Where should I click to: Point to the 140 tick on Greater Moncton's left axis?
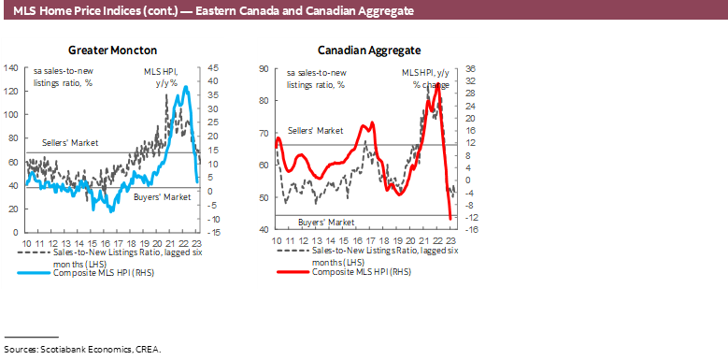pos(12,67)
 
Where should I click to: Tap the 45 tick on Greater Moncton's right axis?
pos(213,67)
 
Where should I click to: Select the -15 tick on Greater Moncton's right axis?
pos(214,232)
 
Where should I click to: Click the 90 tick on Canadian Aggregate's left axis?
pos(264,68)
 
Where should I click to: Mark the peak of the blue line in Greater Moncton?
pos(187,87)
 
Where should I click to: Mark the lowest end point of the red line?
pos(451,220)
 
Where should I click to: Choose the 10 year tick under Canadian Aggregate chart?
pos(277,241)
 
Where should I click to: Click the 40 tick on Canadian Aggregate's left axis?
pos(264,230)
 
